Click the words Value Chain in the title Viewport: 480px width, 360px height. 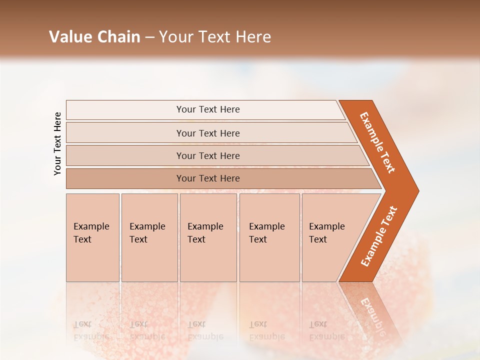tap(94, 37)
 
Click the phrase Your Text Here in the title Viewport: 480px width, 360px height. tap(215, 37)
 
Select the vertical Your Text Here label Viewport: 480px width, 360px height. tap(57, 143)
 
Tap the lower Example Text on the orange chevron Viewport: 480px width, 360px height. tap(379, 236)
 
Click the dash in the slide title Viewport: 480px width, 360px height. tap(149, 37)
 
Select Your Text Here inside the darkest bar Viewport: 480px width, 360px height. tap(208, 178)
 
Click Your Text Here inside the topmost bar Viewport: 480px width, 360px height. tap(208, 109)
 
